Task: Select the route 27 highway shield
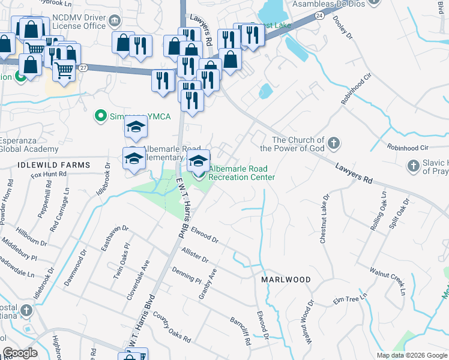click(83, 68)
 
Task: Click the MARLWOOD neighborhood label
click(286, 280)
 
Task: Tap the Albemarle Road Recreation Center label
click(241, 173)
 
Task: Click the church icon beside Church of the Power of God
click(334, 144)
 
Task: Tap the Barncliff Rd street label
click(240, 329)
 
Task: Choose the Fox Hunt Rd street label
click(49, 175)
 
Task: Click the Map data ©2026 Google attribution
click(411, 355)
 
